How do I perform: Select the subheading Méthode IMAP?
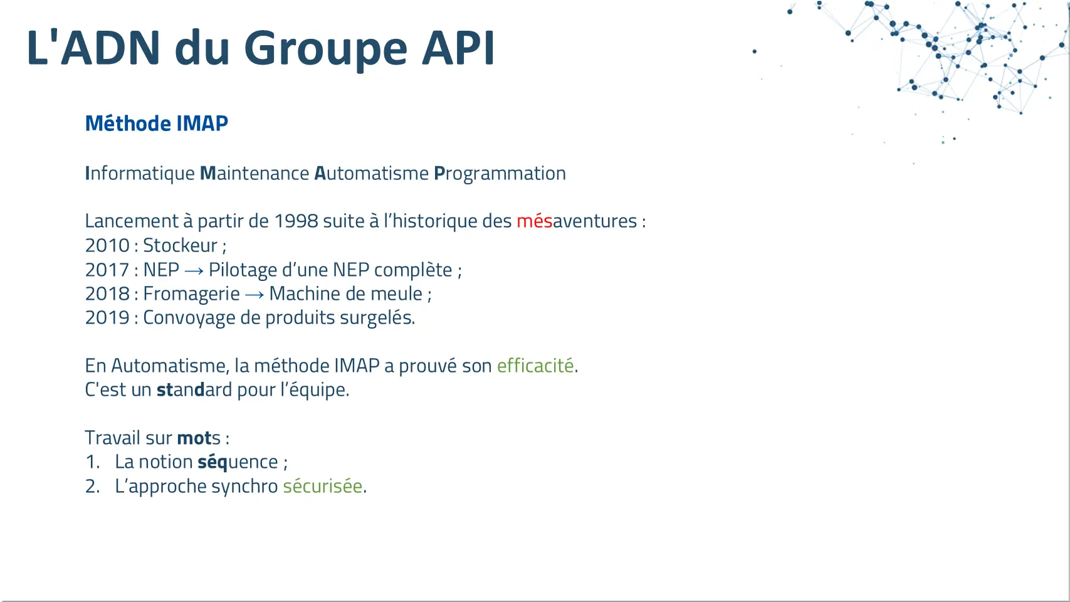(157, 124)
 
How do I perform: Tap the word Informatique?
(140, 174)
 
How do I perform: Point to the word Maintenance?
(254, 173)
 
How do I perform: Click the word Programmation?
(500, 174)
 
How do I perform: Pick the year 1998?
(296, 221)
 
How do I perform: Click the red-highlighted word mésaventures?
(577, 221)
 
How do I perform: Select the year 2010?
(107, 246)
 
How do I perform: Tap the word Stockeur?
(180, 246)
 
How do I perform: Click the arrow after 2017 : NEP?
(194, 271)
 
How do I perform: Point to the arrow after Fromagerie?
(254, 295)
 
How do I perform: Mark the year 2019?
(107, 318)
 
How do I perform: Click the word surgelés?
(377, 318)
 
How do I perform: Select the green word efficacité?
(535, 366)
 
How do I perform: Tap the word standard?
(194, 390)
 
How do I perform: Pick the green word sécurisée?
(322, 487)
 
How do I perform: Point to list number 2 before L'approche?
(92, 487)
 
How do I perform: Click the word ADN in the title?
(110, 48)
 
